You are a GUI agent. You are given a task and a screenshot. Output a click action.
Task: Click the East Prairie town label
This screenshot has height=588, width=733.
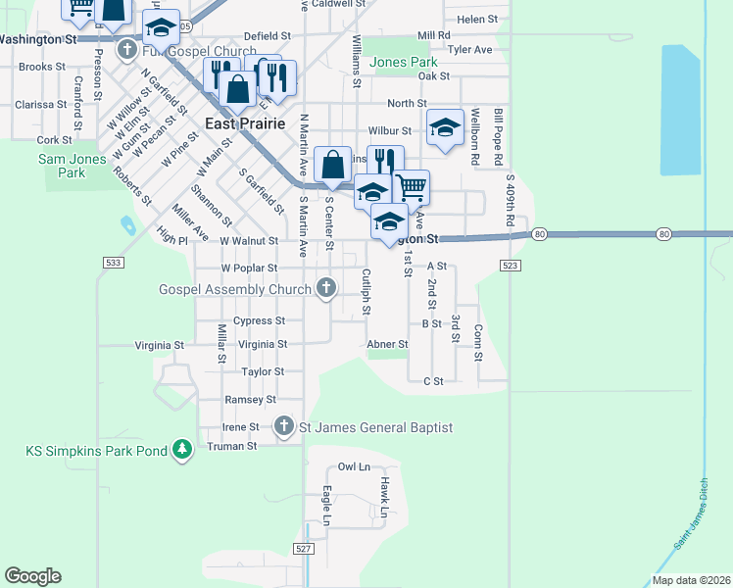click(245, 123)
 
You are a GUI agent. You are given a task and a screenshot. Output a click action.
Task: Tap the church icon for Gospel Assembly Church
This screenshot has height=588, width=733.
click(327, 289)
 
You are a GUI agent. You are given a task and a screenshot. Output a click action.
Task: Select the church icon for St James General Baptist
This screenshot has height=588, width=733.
click(284, 426)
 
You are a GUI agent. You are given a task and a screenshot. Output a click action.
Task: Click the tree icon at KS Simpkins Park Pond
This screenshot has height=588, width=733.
click(181, 451)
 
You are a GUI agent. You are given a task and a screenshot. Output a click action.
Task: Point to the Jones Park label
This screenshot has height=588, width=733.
click(405, 62)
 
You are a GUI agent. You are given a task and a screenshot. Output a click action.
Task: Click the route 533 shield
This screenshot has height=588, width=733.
click(113, 263)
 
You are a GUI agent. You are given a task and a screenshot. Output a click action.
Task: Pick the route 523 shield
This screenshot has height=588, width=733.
click(509, 266)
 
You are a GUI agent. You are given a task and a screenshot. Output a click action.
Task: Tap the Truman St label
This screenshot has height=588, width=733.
click(231, 445)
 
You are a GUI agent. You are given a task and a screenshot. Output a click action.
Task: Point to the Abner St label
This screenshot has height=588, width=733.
click(386, 345)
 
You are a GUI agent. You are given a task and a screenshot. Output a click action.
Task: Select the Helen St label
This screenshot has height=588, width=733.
click(478, 19)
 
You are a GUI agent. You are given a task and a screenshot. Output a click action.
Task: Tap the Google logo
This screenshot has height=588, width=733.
click(32, 576)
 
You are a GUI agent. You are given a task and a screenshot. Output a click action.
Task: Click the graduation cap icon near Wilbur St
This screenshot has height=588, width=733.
click(445, 127)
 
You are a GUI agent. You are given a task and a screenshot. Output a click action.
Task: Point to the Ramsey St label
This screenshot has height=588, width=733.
click(250, 400)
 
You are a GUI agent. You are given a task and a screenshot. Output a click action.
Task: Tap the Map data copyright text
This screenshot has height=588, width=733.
click(690, 580)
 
